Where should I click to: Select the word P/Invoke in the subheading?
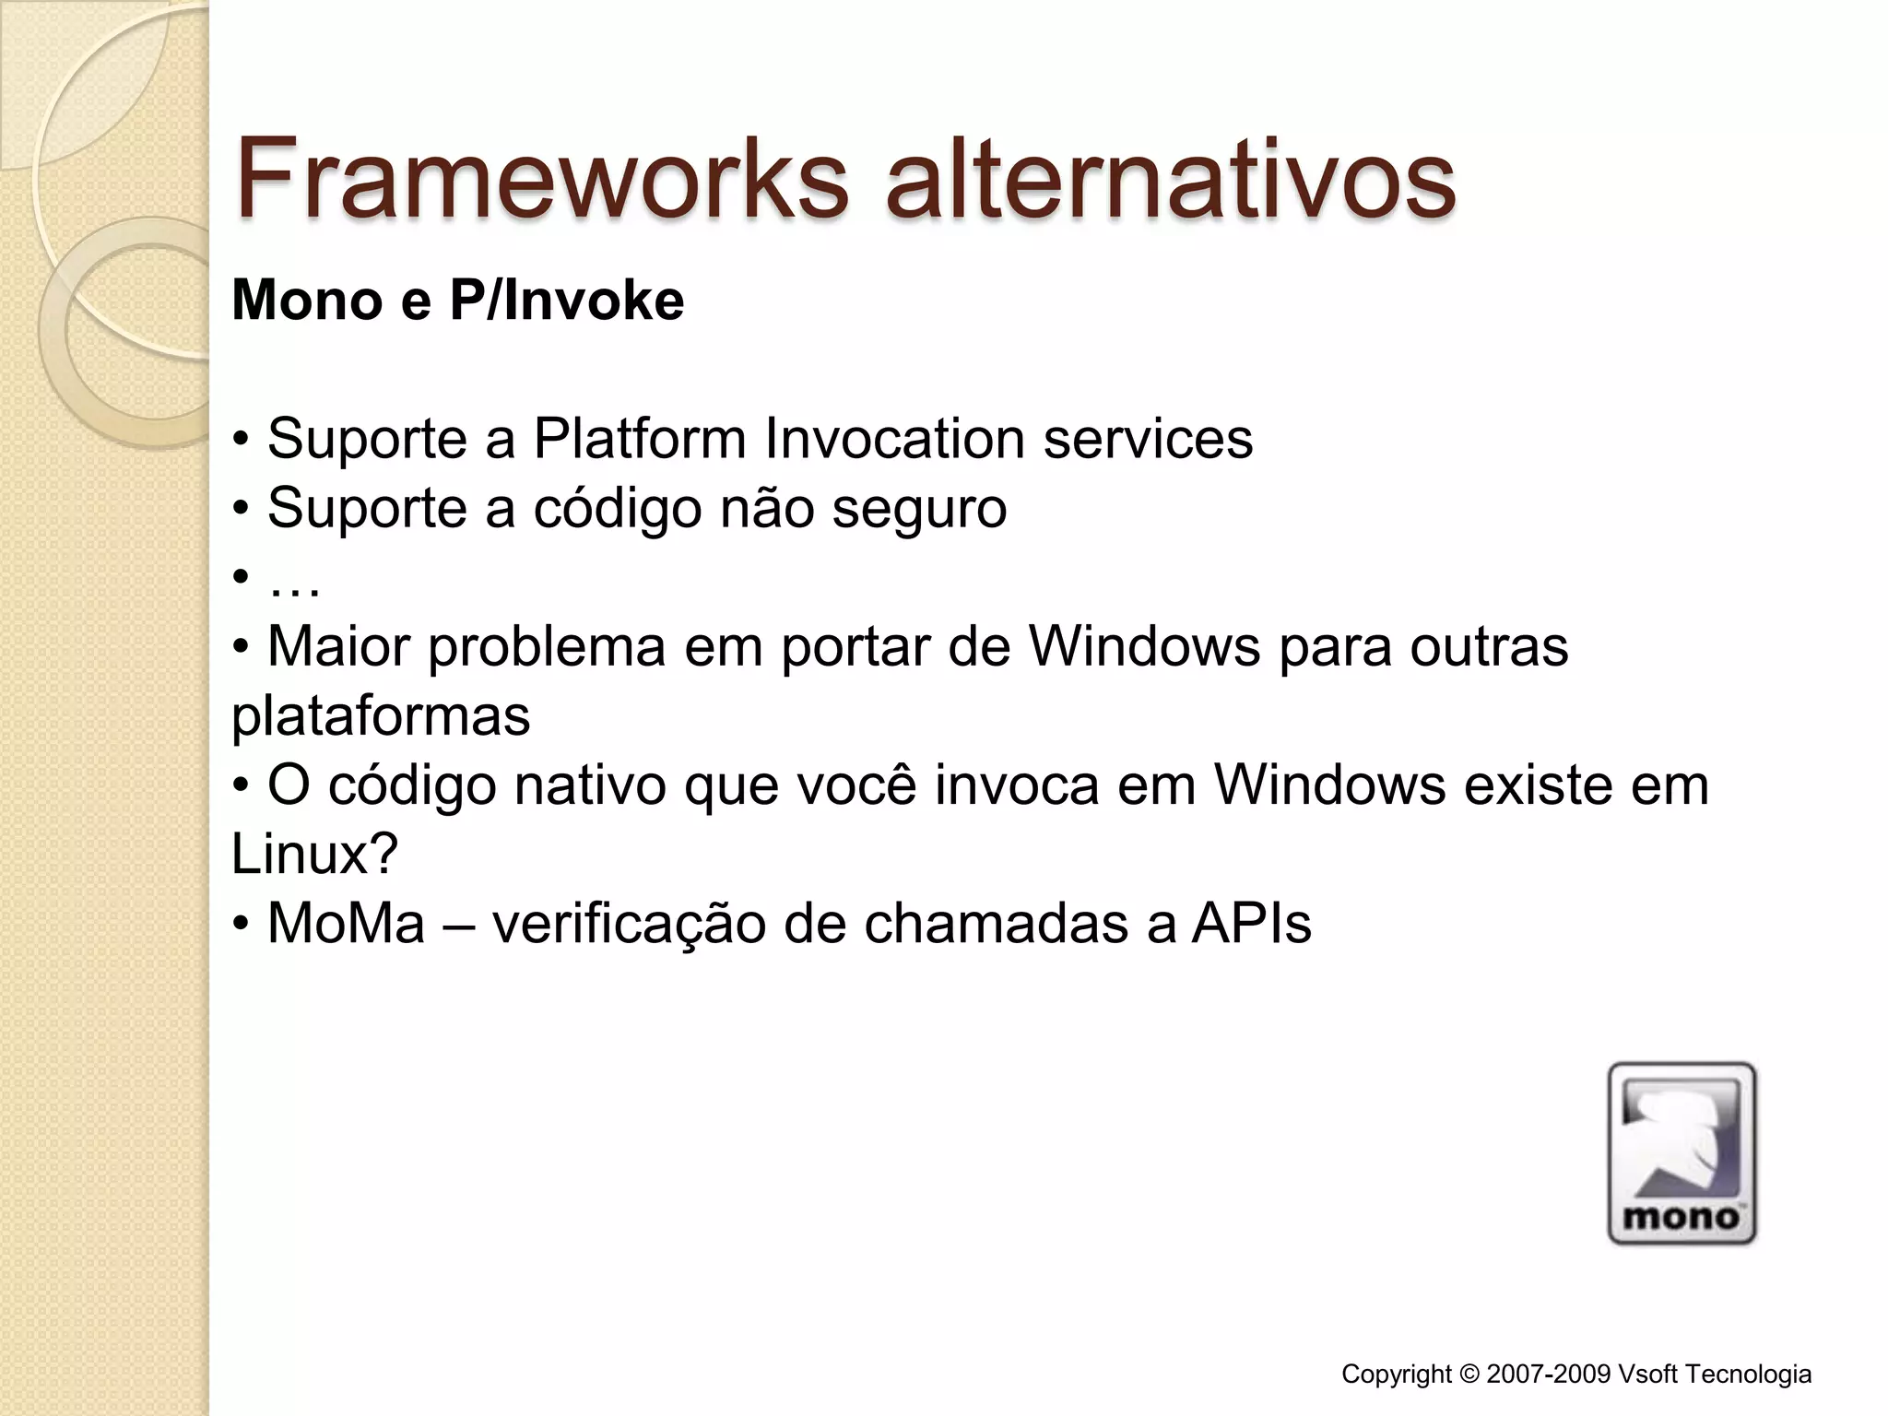pyautogui.click(x=566, y=301)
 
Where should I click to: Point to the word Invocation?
pyautogui.click(x=894, y=438)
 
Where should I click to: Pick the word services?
pyautogui.click(x=1148, y=438)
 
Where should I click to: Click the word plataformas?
pyautogui.click(x=381, y=716)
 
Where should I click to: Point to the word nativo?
pyautogui.click(x=590, y=785)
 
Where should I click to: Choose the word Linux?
pyautogui.click(x=314, y=855)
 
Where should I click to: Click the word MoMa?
pyautogui.click(x=346, y=924)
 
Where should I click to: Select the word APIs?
pyautogui.click(x=1251, y=924)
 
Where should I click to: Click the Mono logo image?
pyautogui.click(x=1681, y=1152)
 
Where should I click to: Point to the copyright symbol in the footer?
pyautogui.click(x=1469, y=1375)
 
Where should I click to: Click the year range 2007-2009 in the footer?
pyautogui.click(x=1549, y=1375)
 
